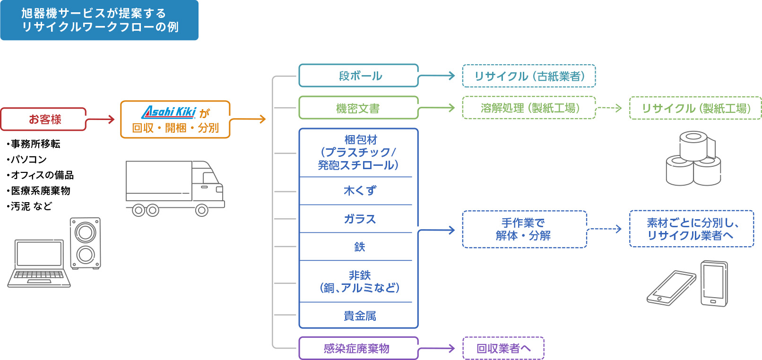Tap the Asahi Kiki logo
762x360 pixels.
point(168,112)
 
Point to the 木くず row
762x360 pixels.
point(359,191)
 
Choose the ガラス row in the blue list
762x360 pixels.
point(359,219)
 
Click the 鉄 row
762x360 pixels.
point(359,247)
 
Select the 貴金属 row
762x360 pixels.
point(359,316)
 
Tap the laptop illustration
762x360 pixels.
point(39,264)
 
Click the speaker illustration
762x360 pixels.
point(86,243)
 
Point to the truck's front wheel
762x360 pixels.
point(201,210)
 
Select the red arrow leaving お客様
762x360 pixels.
point(100,120)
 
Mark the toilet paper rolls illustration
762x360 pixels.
point(694,158)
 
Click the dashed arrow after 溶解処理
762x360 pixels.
point(609,108)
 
